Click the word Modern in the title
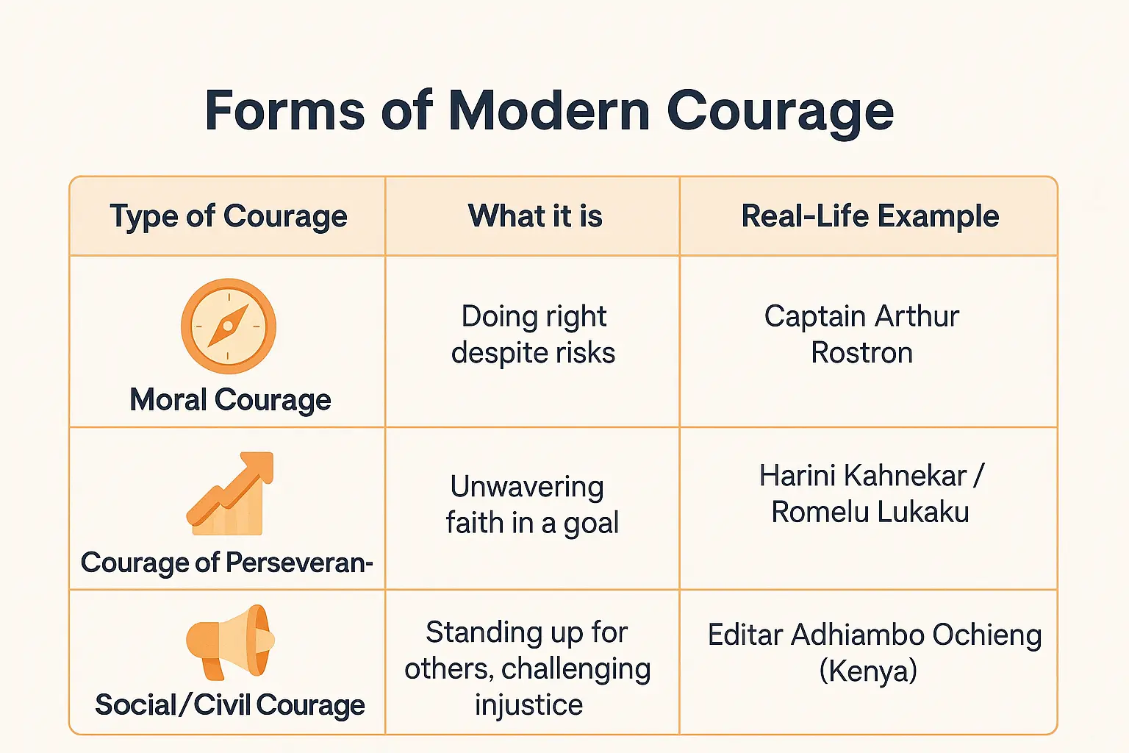click(x=548, y=111)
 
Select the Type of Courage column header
click(x=229, y=216)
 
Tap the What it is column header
click(x=535, y=216)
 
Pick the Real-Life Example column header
click(x=870, y=216)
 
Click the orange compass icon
click(x=229, y=326)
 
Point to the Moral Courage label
click(x=230, y=400)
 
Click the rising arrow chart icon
click(x=230, y=493)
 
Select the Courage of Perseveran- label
click(x=226, y=563)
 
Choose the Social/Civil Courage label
click(x=230, y=704)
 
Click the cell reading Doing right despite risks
click(x=533, y=335)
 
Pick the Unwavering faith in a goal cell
click(x=531, y=504)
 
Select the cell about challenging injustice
click(x=528, y=668)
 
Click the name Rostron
click(x=861, y=353)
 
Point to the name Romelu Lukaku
click(x=870, y=512)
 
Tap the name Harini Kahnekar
click(x=863, y=476)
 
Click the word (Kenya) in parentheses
click(x=868, y=671)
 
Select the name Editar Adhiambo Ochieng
click(x=875, y=635)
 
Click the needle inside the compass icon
click(x=229, y=326)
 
